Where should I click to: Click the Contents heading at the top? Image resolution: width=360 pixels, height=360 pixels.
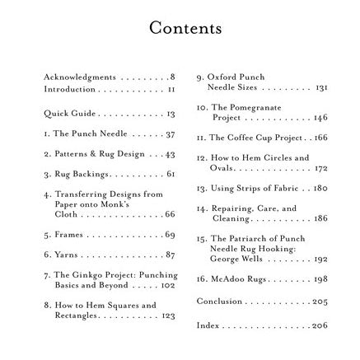coord(180,30)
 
